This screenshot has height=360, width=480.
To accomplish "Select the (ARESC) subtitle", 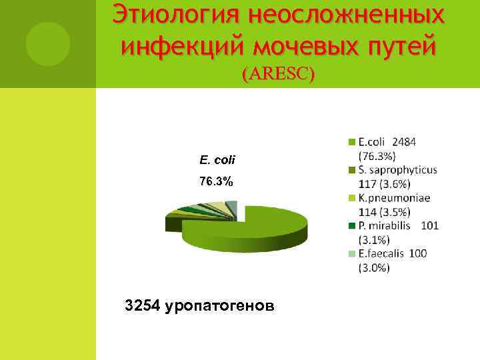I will (278, 74).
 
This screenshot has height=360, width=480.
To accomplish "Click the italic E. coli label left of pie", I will (217, 160).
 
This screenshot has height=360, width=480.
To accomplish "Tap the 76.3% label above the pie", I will (217, 181).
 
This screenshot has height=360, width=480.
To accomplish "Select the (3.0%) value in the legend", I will (374, 267).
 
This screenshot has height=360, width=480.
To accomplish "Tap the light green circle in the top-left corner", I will (48, 44).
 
